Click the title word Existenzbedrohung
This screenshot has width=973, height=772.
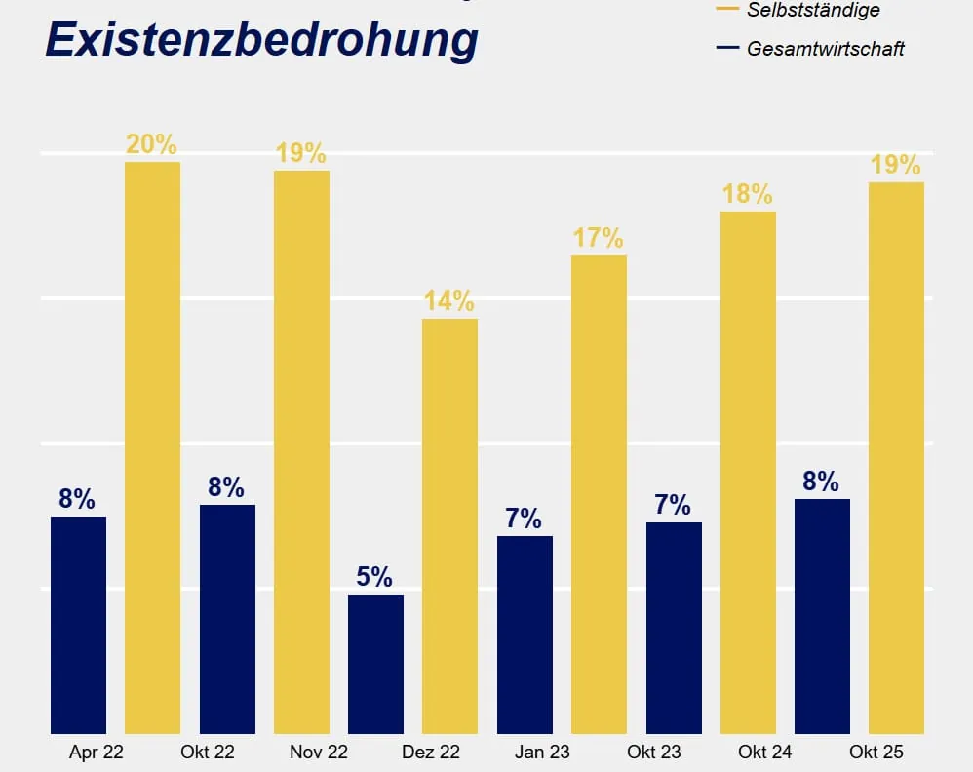[x=261, y=41]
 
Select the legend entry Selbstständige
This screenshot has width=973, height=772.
[x=812, y=10]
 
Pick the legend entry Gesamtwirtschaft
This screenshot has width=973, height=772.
[x=825, y=48]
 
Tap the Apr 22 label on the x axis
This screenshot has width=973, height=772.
[x=97, y=753]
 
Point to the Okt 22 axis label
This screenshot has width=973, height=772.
[x=208, y=753]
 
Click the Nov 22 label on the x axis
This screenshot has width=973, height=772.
[x=319, y=753]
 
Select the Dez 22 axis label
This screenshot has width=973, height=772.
[x=430, y=753]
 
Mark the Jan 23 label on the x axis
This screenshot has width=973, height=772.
[x=542, y=753]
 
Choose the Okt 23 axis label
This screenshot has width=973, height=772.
[x=654, y=753]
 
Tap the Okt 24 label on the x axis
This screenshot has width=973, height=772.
[x=765, y=753]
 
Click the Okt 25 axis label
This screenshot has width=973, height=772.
[x=876, y=753]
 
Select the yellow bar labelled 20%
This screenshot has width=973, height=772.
[x=152, y=448]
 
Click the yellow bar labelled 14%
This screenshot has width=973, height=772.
[x=449, y=526]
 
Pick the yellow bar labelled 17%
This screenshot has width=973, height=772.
[x=599, y=495]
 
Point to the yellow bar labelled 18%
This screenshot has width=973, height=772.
[x=748, y=473]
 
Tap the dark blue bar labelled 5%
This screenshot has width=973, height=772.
[x=375, y=664]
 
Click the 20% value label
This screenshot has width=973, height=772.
[x=152, y=144]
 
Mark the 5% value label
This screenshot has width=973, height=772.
[x=374, y=577]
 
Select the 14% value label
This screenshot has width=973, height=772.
[x=449, y=301]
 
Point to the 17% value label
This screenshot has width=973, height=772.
[x=599, y=238]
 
